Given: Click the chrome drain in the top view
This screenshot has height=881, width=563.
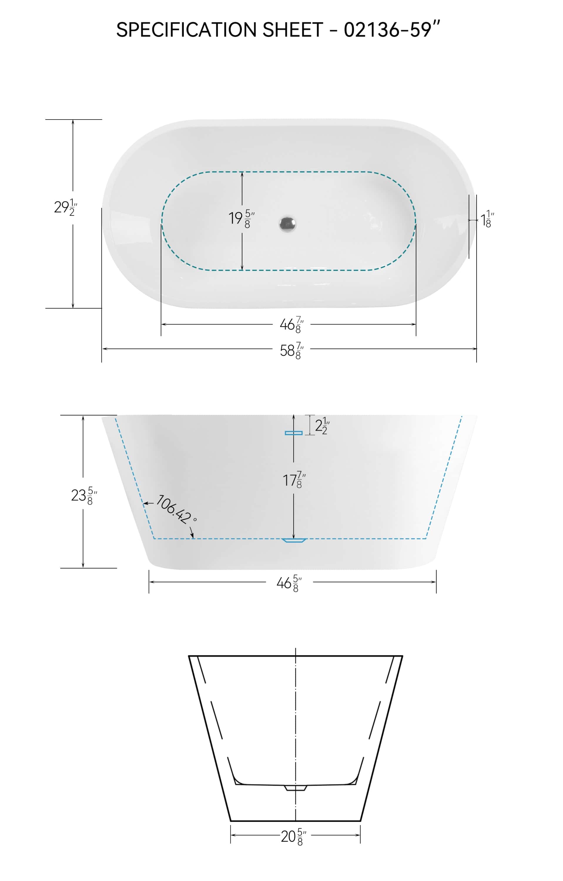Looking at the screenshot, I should pos(287,224).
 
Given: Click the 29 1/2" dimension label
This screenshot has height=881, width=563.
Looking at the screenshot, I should pos(66,207).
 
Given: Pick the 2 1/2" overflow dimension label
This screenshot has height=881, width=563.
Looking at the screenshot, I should pos(322,426).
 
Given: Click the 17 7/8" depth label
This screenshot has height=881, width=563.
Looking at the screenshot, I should pos(294,480).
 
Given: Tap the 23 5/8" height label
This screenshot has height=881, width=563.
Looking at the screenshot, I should pos(84,495).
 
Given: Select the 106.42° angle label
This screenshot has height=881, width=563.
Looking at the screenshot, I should pos(176,509).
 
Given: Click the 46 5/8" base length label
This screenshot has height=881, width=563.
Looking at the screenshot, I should pos(289,583).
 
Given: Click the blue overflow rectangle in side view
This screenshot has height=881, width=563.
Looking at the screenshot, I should pos(294,433).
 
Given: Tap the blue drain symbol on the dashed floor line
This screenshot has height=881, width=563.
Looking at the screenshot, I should pos(294,540).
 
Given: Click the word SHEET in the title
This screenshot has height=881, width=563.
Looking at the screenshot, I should pos(292,30).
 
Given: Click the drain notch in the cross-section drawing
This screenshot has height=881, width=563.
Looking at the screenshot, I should pos(295,788).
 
